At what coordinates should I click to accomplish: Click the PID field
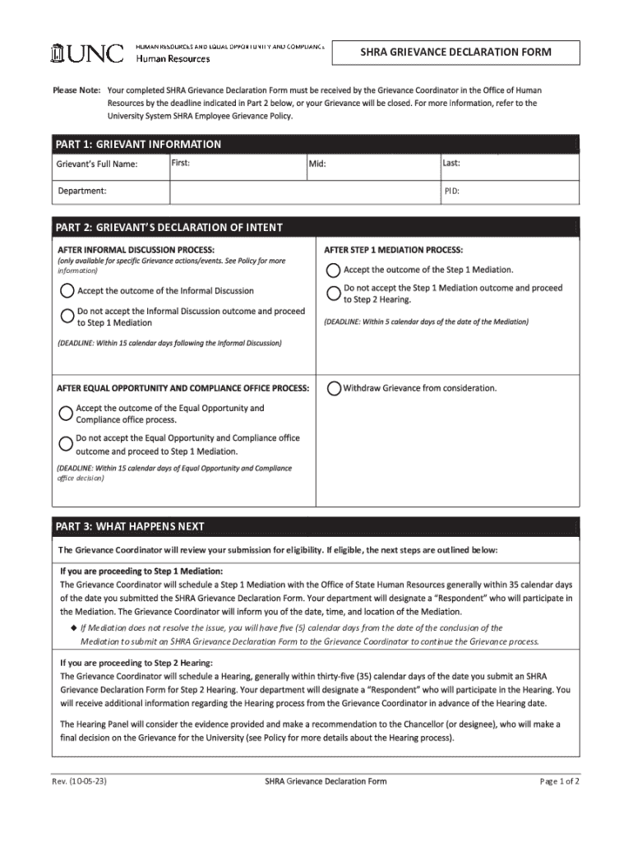509,192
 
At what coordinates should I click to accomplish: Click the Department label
82,191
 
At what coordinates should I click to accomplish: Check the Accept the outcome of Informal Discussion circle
67,290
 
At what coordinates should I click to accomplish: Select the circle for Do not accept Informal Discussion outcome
67,316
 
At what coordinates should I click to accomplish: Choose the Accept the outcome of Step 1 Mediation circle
333,270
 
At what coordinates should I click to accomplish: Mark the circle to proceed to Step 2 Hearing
333,293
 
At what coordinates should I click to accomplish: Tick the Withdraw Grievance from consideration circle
333,388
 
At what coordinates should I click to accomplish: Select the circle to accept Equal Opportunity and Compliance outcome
66,413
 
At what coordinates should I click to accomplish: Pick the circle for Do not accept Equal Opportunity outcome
66,443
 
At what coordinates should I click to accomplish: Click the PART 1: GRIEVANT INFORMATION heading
138,145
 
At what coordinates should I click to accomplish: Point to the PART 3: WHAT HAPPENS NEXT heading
129,526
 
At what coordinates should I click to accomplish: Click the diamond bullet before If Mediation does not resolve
73,627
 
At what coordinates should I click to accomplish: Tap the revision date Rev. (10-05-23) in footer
80,781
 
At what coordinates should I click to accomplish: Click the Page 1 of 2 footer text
559,781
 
